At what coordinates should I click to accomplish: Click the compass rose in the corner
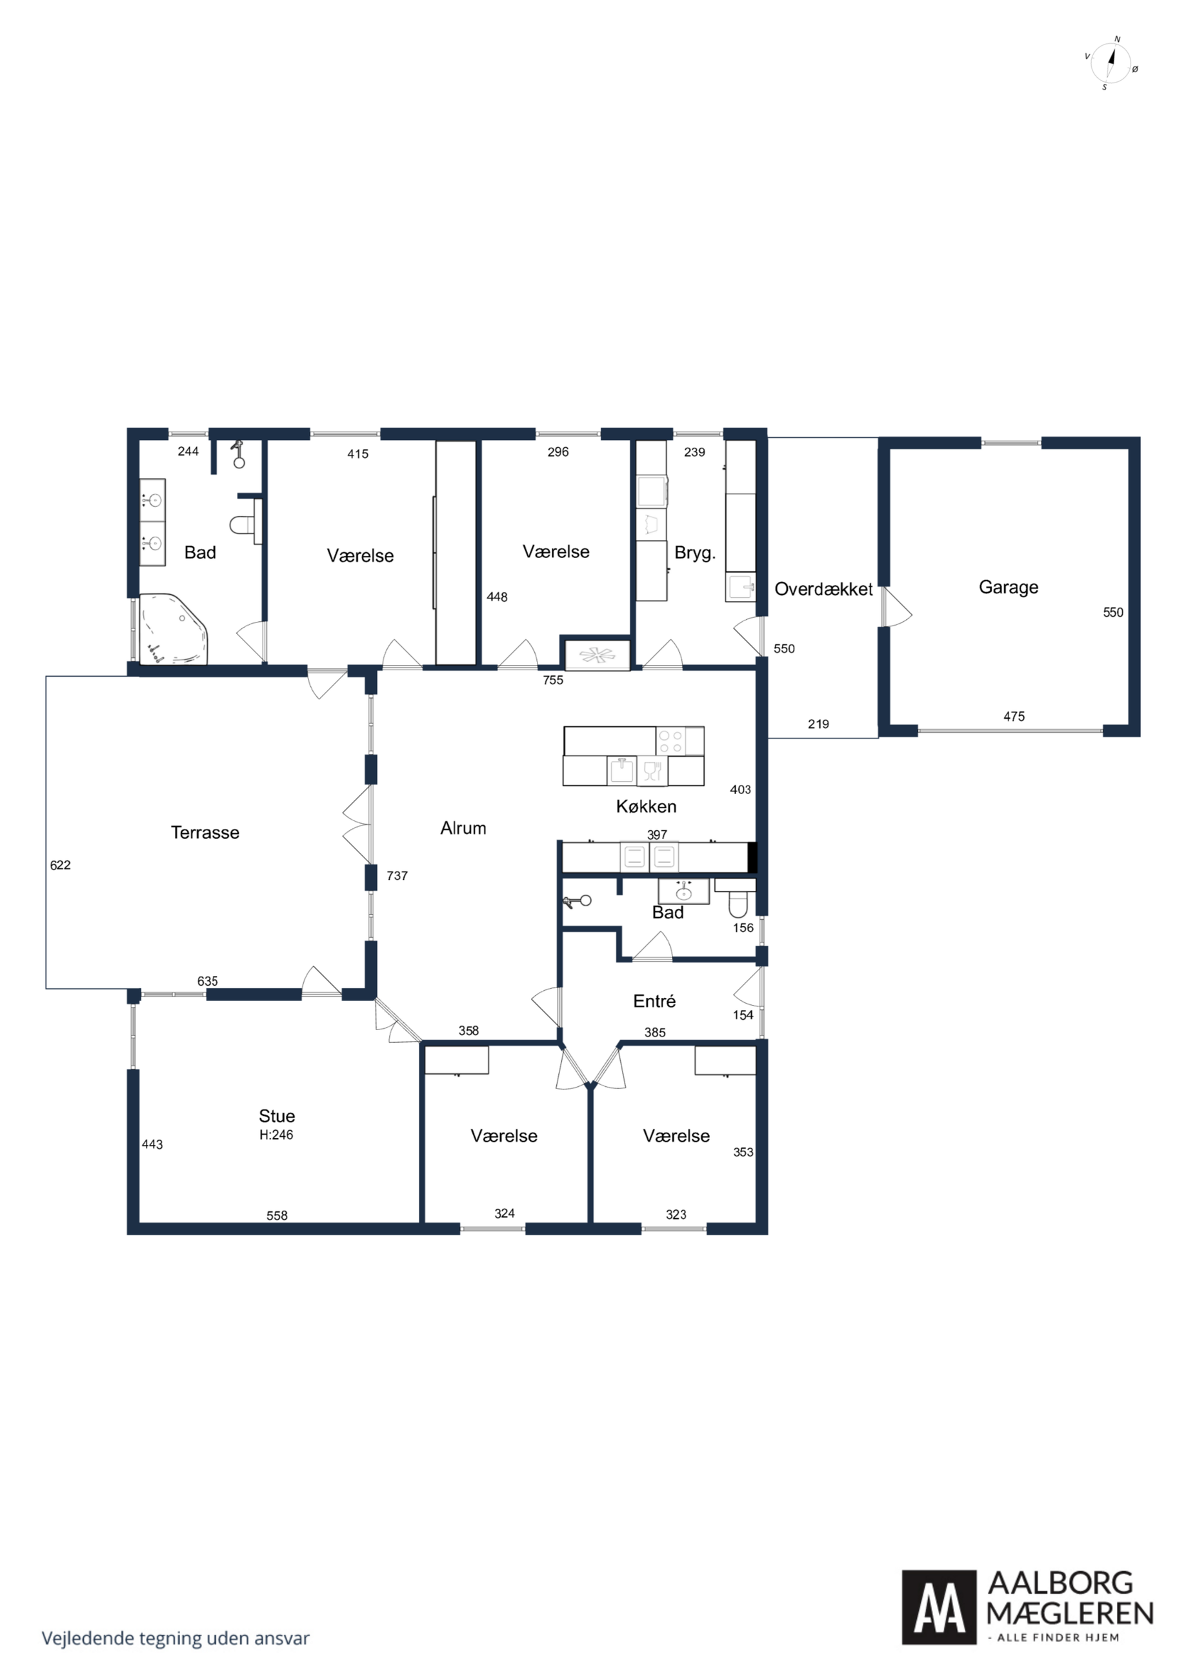[x=1110, y=63]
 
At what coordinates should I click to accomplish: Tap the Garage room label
[x=1008, y=587]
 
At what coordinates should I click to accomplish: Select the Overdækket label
[x=823, y=589]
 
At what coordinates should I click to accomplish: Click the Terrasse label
[x=205, y=832]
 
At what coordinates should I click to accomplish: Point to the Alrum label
[x=463, y=828]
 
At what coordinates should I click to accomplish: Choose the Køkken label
[x=646, y=806]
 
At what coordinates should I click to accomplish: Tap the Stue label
[x=277, y=1115]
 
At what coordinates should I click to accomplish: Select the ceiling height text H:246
[x=276, y=1135]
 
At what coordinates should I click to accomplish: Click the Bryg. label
[x=695, y=553]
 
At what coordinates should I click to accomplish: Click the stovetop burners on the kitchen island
[x=670, y=741]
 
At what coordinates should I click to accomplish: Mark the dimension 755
[x=553, y=680]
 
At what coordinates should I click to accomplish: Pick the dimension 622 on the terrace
[x=60, y=865]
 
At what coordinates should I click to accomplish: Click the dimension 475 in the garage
[x=1014, y=717]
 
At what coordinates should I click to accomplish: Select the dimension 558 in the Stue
[x=277, y=1215]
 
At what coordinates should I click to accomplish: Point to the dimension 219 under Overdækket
[x=818, y=724]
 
